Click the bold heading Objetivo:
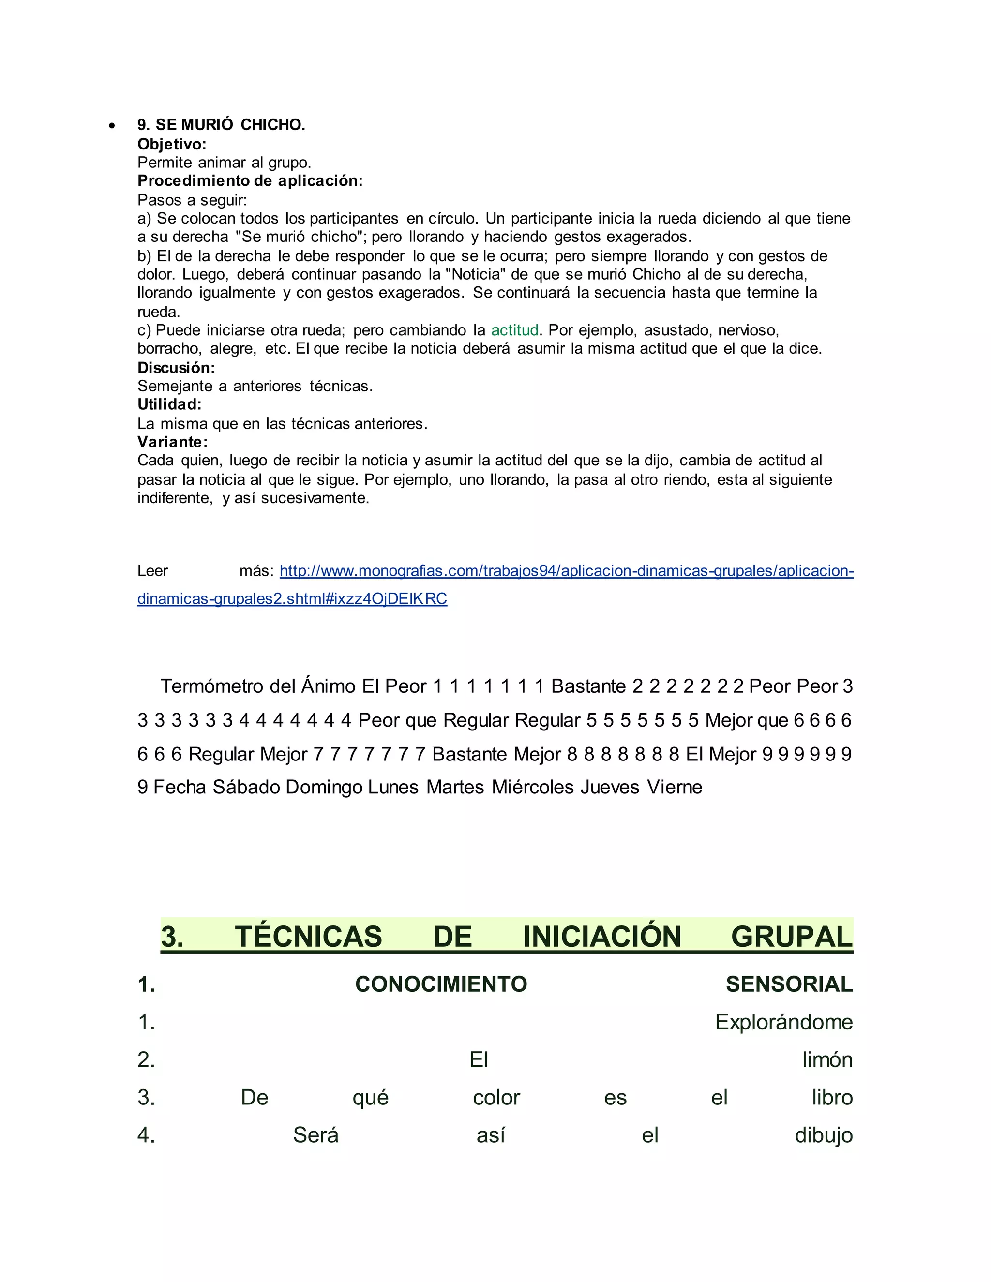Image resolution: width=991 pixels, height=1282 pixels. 171,144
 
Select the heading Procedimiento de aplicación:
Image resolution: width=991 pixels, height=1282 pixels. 250,181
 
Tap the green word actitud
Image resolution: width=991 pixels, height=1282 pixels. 514,330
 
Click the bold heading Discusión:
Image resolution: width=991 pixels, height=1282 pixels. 176,368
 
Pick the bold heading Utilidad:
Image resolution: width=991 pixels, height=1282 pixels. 169,404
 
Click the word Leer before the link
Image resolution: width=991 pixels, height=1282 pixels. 152,570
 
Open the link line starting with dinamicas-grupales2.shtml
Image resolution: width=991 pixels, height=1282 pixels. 292,599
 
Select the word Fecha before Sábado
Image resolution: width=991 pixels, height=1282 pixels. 179,787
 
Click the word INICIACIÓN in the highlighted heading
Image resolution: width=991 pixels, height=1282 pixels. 602,936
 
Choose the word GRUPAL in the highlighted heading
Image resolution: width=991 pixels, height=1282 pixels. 791,936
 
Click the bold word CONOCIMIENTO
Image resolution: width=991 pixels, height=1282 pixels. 441,984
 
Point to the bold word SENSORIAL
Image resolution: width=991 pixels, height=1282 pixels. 789,984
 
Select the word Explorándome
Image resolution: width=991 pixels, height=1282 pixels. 783,1022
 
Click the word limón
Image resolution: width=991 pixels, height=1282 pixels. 827,1059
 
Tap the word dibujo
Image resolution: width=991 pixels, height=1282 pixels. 823,1135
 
